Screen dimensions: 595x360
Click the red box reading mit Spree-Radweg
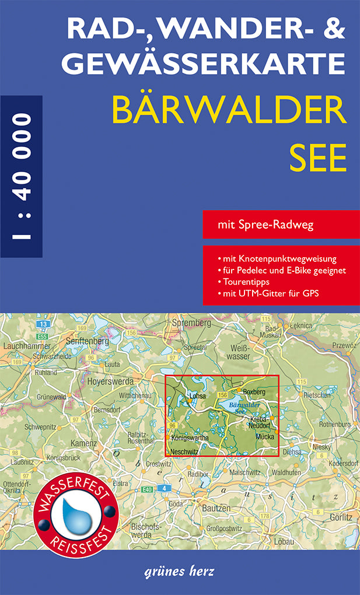pyautogui.click(x=281, y=225)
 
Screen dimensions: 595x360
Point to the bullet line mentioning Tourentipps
pyautogui.click(x=242, y=282)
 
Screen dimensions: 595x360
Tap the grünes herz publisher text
pyautogui.click(x=178, y=571)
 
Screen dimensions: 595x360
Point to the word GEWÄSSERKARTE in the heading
pyautogui.click(x=202, y=63)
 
